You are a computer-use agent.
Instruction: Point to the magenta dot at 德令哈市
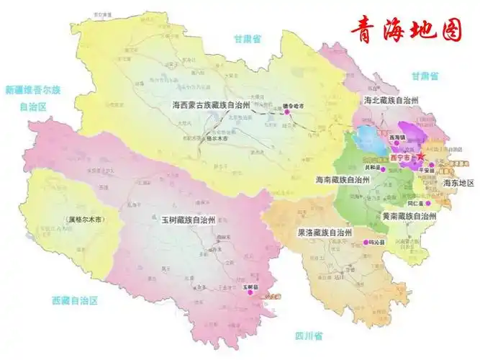coord(286,112)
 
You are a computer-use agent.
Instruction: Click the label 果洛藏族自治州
coord(314,233)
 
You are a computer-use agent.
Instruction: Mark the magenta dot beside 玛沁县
coord(366,242)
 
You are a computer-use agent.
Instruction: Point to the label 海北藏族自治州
coord(392,100)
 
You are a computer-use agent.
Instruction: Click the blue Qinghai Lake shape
coord(368,138)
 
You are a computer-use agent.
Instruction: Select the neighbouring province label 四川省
coord(309,336)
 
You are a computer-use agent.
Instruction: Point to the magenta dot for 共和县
coord(383,170)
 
